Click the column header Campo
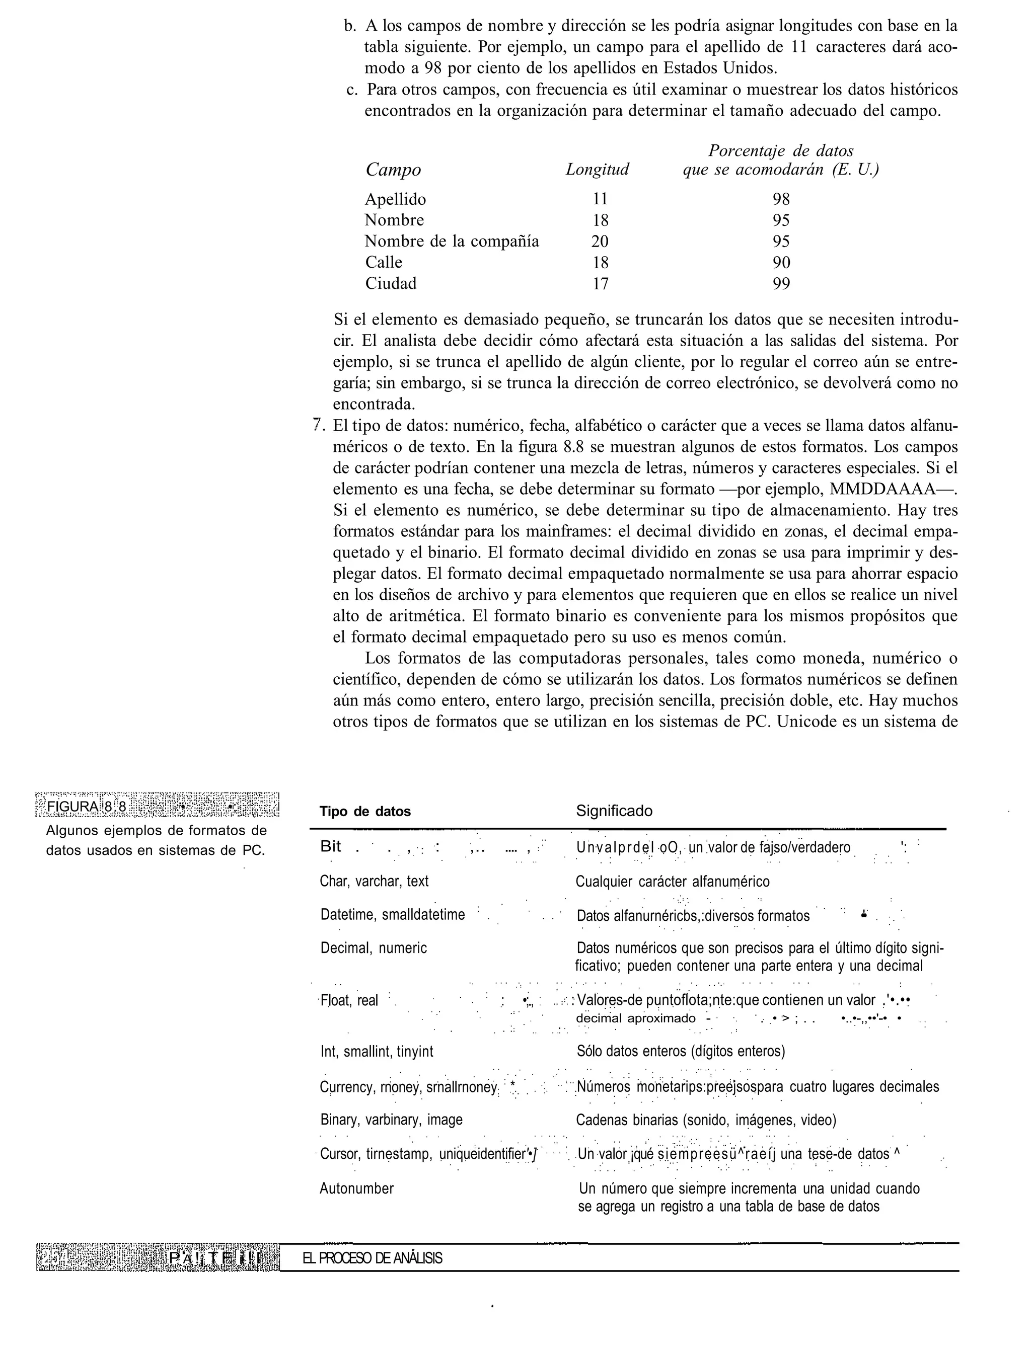(x=393, y=170)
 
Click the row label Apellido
(x=395, y=199)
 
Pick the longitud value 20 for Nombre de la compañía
(x=600, y=242)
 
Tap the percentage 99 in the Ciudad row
(x=781, y=283)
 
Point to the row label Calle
(x=384, y=263)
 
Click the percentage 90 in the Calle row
(x=781, y=263)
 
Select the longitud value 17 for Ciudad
(x=600, y=283)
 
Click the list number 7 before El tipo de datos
(x=317, y=425)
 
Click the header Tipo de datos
(x=365, y=812)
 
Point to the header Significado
(x=614, y=811)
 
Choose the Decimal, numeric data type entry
(x=373, y=947)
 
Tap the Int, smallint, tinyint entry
(x=376, y=1051)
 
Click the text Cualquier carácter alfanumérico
(x=672, y=882)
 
